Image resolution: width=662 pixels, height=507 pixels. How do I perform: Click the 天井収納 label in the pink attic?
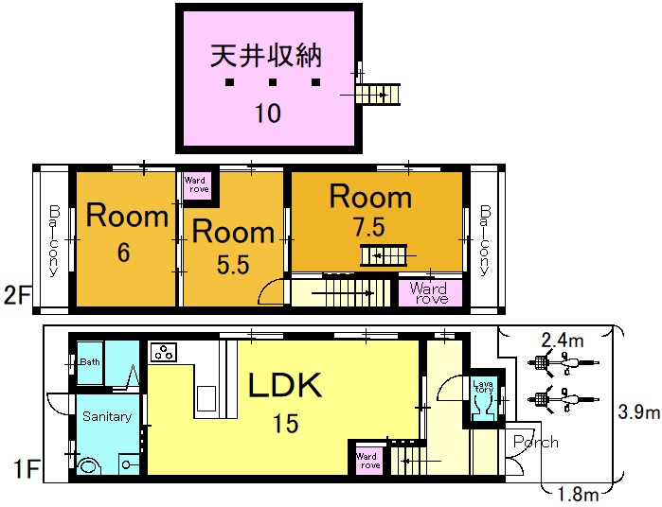tap(266, 55)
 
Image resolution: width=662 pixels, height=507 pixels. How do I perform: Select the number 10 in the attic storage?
tap(267, 114)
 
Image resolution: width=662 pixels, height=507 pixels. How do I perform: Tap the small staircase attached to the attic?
tap(379, 94)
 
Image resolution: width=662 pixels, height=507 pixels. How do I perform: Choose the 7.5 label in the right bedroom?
tap(369, 229)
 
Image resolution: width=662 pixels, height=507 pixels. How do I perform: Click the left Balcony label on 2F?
tap(54, 239)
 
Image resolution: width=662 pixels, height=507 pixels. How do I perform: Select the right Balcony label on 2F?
tap(484, 239)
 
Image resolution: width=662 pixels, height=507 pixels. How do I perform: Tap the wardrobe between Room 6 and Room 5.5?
tap(197, 184)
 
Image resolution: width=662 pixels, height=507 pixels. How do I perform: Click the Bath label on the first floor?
tap(90, 362)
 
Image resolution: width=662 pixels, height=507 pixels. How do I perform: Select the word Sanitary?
tap(106, 416)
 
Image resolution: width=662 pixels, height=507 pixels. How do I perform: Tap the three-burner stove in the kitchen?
tap(162, 352)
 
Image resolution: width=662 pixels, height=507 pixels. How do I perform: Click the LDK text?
tap(286, 386)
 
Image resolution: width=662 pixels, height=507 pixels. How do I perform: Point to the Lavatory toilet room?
tap(482, 396)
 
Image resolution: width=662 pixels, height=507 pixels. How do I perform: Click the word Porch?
tap(535, 442)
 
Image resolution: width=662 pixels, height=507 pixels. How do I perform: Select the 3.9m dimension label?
tap(639, 412)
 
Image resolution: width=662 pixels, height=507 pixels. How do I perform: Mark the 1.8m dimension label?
tap(577, 494)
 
